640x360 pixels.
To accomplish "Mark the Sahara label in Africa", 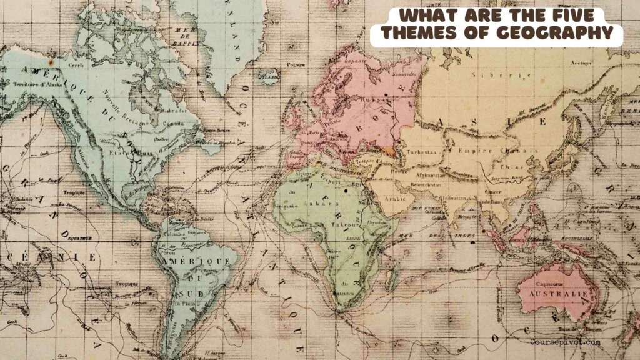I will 313,203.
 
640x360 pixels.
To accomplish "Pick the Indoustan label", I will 454,198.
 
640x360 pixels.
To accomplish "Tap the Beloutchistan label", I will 425,186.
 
